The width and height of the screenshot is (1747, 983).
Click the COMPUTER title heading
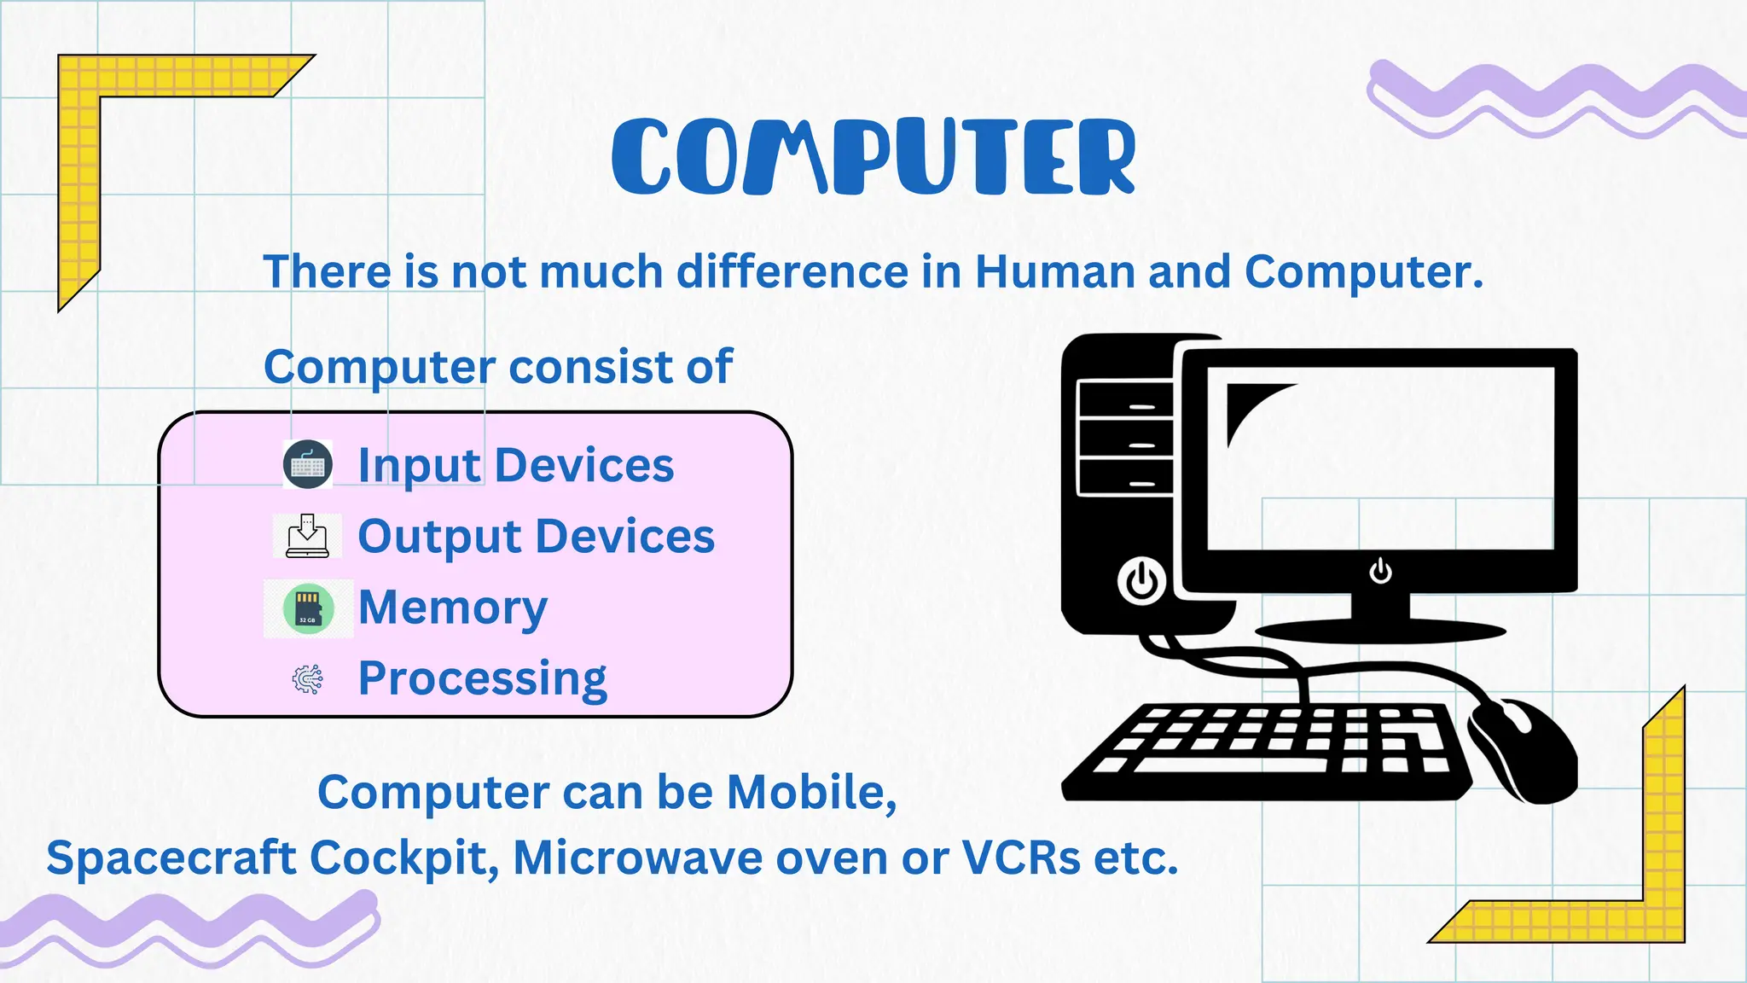point(873,156)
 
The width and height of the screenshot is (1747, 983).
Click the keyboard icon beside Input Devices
point(307,465)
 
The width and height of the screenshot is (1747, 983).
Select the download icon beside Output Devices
point(307,536)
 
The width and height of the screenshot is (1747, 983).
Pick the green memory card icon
point(308,608)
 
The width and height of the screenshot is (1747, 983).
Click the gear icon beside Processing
point(307,679)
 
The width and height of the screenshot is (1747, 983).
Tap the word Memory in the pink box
point(452,608)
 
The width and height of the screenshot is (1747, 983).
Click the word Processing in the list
point(482,680)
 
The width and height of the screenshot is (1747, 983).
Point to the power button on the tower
point(1141,582)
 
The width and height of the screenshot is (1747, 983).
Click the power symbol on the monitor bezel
point(1380,571)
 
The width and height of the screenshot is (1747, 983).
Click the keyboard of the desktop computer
point(1271,751)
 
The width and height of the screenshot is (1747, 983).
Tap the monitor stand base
point(1380,631)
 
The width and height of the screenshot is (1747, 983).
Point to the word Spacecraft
point(171,858)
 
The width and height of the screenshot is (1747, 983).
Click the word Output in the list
point(439,538)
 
